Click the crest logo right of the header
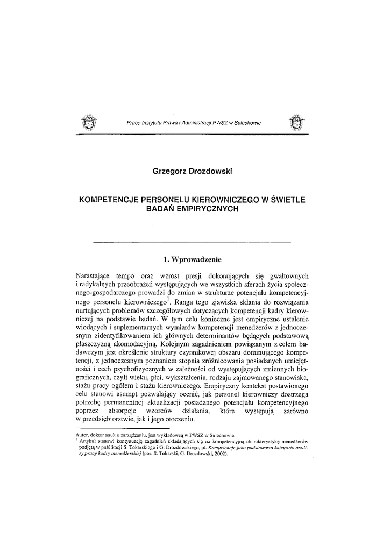[296, 123]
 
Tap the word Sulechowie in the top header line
[246, 123]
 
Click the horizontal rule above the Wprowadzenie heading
[192, 244]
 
